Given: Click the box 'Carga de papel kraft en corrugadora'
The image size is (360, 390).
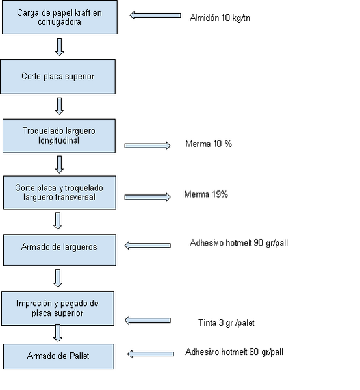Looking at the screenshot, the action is [60, 17].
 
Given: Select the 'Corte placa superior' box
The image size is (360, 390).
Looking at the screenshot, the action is [58, 77].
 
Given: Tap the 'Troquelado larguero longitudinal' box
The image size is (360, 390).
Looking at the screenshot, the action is [59, 136].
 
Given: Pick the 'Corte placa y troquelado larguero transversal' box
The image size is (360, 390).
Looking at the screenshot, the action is [60, 193].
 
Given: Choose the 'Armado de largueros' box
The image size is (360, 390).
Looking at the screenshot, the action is [60, 250].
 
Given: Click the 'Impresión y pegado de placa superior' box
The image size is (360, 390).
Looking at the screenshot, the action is [58, 308].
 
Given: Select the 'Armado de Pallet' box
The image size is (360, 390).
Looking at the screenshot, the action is [58, 356].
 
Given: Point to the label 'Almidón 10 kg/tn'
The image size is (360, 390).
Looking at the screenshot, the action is [220, 18].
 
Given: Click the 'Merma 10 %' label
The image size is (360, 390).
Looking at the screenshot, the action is [209, 144].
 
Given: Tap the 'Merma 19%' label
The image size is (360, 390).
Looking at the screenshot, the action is [206, 194].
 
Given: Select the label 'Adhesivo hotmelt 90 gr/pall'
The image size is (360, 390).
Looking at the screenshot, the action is [238, 243].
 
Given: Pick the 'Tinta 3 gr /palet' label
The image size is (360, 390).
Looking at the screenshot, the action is [226, 323].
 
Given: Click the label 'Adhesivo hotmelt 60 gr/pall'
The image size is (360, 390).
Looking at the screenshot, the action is [234, 352].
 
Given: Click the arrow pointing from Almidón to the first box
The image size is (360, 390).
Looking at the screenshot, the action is [155, 16].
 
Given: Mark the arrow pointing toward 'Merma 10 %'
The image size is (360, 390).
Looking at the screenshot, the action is [148, 146].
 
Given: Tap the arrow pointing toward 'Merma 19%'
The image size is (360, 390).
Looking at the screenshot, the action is [148, 197].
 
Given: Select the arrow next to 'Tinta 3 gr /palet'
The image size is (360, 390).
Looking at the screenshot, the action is [148, 320].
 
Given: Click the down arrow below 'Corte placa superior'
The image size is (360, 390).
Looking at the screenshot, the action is [59, 106].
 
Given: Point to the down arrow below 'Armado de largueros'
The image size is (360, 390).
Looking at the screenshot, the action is [58, 278].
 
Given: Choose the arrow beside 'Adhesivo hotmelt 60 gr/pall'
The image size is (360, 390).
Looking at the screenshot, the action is [150, 354].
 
